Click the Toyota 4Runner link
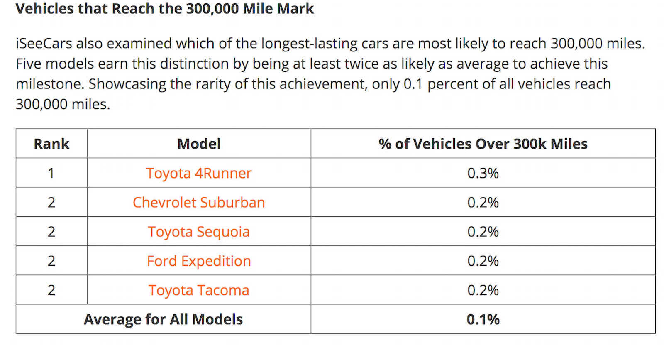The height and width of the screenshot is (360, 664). (199, 173)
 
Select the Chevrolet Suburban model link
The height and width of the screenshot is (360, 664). (199, 203)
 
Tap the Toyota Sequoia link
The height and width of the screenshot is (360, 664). (199, 232)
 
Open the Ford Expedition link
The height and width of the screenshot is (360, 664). (199, 261)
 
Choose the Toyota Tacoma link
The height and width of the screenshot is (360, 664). (199, 290)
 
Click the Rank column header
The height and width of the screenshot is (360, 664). (51, 144)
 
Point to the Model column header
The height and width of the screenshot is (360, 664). (199, 144)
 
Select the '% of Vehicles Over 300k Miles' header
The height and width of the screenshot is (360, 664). (483, 144)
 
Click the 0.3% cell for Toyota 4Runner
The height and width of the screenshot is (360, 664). (483, 173)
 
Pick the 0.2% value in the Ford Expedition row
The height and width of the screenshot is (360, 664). (483, 261)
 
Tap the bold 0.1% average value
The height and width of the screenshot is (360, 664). (483, 319)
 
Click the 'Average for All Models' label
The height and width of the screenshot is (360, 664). (164, 319)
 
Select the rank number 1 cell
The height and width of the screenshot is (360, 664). (51, 173)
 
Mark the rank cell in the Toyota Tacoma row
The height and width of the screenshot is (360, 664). (51, 290)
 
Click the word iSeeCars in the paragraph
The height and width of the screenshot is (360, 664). (44, 44)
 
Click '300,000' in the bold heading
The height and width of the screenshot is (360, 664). (212, 9)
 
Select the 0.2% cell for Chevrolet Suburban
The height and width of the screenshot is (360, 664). (483, 203)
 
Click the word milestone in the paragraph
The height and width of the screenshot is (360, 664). (49, 84)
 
